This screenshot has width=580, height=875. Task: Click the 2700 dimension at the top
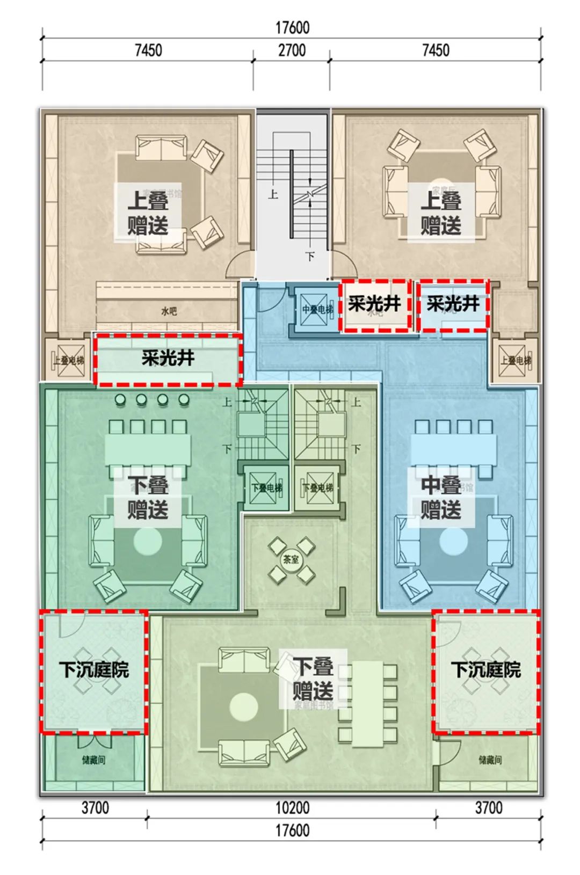(x=292, y=51)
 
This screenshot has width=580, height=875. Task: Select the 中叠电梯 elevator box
(x=317, y=310)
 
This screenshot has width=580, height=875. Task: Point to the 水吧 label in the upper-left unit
(x=169, y=311)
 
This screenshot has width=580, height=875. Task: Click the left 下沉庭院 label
(x=94, y=670)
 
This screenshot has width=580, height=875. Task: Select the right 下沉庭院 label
(x=485, y=670)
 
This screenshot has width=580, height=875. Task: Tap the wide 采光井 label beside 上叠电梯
(x=168, y=358)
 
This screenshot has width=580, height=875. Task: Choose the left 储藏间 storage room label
(x=93, y=760)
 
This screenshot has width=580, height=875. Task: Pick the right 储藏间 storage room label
(x=490, y=760)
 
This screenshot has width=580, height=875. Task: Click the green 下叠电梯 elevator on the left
(x=266, y=488)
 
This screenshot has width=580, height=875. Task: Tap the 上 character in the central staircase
(x=273, y=194)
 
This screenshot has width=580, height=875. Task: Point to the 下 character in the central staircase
(x=310, y=257)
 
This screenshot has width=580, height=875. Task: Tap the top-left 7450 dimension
(x=148, y=51)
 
